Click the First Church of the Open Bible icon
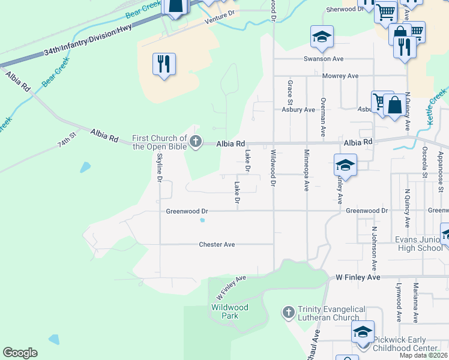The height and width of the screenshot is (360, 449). click(195, 142)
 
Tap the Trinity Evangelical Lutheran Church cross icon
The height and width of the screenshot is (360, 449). click(288, 312)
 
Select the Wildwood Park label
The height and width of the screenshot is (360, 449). click(229, 311)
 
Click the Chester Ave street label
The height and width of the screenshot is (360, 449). click(217, 244)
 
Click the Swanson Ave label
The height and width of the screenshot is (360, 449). click(323, 59)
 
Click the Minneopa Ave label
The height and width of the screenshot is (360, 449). click(306, 170)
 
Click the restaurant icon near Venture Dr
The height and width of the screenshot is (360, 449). click(164, 63)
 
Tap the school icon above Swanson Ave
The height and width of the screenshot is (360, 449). click(322, 37)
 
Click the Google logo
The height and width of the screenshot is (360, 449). click(20, 353)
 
